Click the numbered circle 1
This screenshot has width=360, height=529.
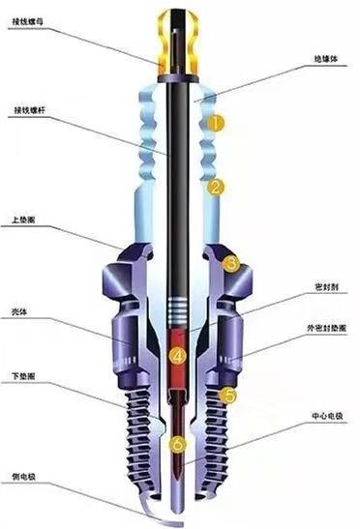(x=219, y=124)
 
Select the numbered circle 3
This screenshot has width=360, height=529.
(x=230, y=262)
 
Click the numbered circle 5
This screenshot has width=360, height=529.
(x=228, y=395)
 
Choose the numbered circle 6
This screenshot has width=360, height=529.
(x=176, y=445)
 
